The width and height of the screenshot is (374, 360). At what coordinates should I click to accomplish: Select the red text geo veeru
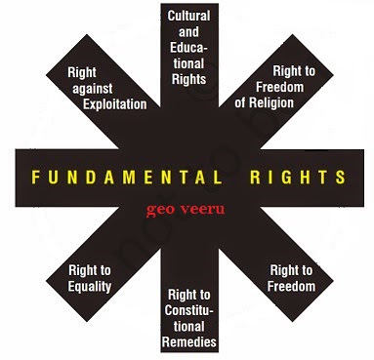185,209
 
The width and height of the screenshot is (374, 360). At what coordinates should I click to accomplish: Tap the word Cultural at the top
188,16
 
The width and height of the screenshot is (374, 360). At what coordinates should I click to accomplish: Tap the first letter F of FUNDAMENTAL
34,179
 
